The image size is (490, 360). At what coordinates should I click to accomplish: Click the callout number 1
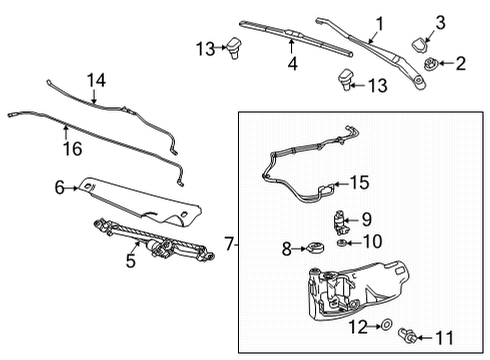[379, 22]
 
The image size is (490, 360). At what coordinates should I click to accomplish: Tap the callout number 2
[461, 65]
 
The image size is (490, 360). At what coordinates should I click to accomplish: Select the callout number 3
[441, 23]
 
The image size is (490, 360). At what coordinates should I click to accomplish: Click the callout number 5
[129, 263]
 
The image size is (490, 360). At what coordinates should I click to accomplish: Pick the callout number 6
[59, 186]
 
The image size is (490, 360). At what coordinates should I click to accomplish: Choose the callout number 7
[228, 243]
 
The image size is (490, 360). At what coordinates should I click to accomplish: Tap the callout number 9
[366, 219]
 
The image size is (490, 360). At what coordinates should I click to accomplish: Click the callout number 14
[95, 79]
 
